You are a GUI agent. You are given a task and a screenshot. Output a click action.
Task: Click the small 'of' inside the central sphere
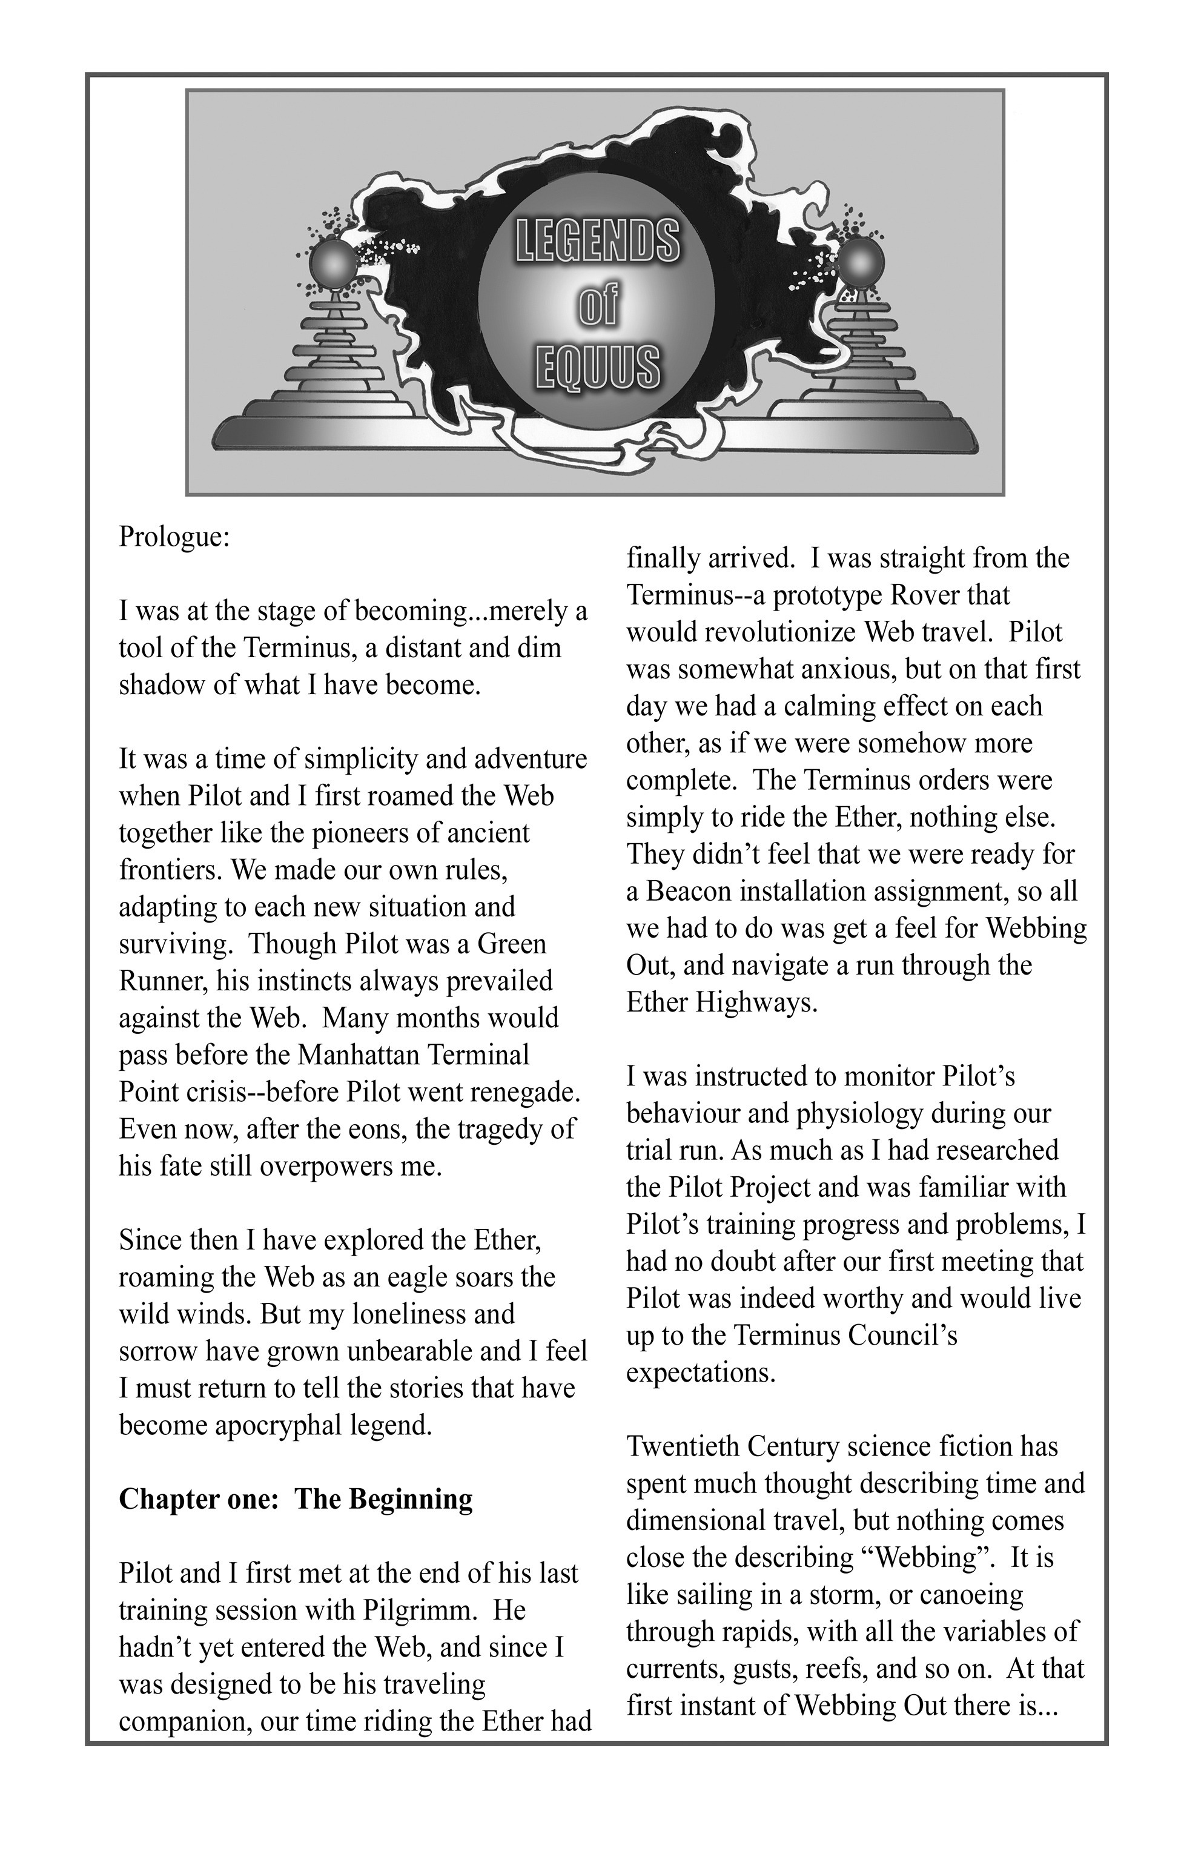(x=597, y=306)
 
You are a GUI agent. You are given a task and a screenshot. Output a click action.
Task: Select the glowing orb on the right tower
(x=859, y=265)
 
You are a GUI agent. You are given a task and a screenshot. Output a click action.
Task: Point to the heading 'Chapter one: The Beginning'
(x=296, y=1498)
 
